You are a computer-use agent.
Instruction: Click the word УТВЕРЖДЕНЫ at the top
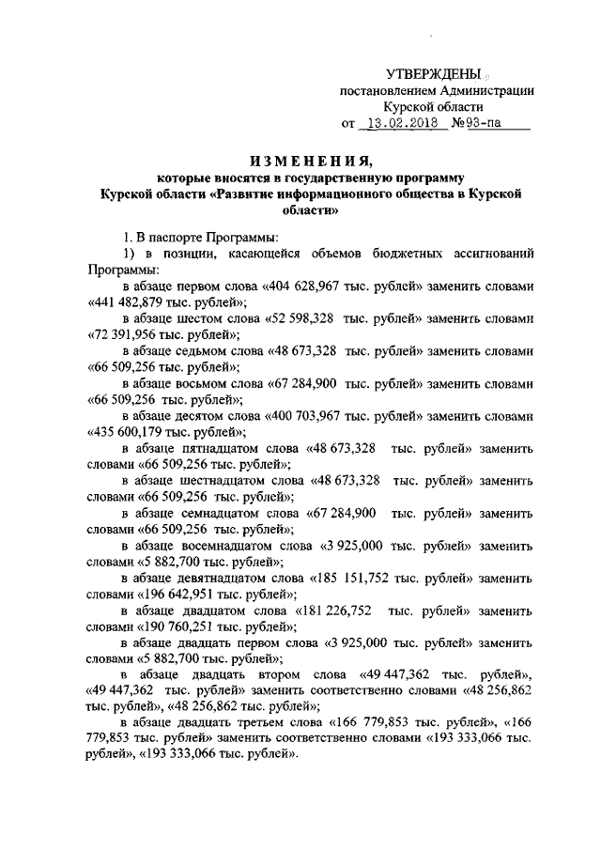coord(434,74)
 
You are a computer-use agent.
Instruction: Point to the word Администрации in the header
coord(480,91)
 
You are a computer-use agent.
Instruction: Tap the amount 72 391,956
coord(126,335)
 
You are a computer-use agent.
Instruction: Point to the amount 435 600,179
coord(131,431)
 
